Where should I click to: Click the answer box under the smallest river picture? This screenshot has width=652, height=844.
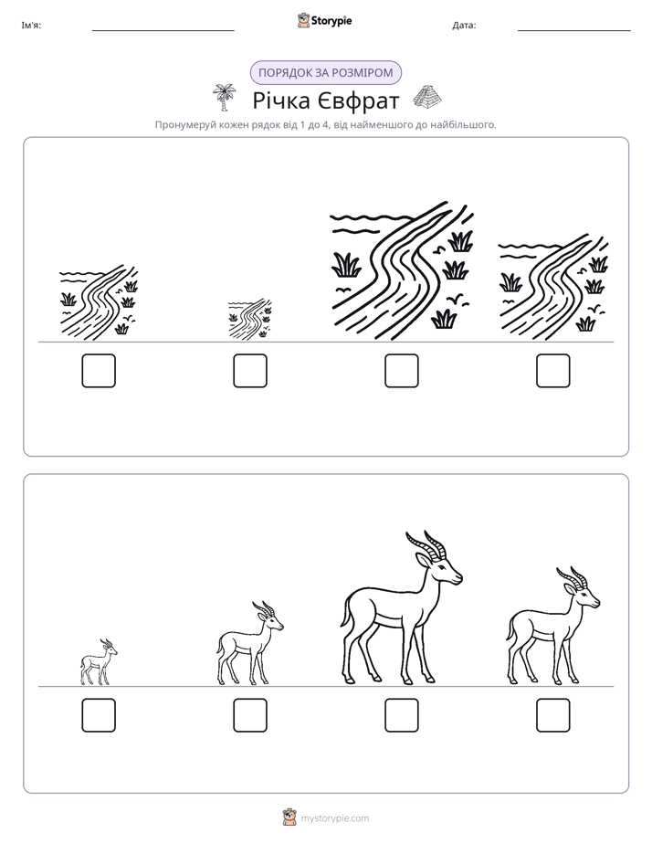click(250, 371)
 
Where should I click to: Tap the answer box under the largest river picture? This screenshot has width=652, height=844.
click(401, 371)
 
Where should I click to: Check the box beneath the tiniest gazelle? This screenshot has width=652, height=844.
click(99, 715)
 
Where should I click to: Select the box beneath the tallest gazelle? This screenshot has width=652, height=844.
click(401, 715)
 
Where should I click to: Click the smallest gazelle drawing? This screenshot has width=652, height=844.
click(99, 662)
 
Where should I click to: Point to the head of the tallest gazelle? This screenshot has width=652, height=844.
click(440, 568)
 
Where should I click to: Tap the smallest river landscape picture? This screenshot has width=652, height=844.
click(249, 319)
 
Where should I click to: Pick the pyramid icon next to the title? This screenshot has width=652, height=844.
click(427, 96)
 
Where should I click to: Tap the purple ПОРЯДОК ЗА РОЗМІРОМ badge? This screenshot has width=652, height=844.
click(325, 73)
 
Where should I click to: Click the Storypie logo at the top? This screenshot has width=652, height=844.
click(324, 20)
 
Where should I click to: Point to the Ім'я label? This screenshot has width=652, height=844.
click(31, 26)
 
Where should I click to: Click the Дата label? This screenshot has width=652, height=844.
click(464, 26)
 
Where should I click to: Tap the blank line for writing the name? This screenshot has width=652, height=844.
click(163, 31)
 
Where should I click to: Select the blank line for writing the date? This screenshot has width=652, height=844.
click(574, 31)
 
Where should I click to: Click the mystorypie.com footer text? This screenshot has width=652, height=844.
click(334, 818)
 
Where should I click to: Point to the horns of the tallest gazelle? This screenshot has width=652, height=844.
click(426, 544)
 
